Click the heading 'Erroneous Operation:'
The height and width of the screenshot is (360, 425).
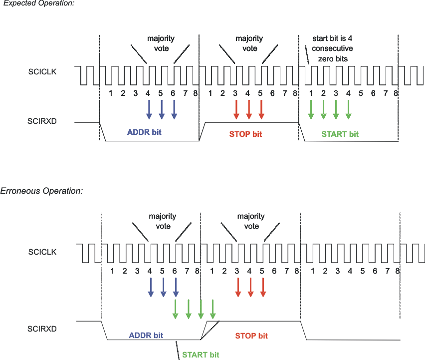(x=41, y=191)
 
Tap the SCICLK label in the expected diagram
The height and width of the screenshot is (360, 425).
(x=42, y=72)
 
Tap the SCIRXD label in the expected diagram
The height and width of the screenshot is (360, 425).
(x=42, y=121)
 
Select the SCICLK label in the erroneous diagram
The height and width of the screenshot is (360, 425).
(x=42, y=252)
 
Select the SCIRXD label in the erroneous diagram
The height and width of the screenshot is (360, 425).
(x=42, y=329)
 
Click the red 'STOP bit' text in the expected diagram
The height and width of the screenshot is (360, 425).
(x=245, y=134)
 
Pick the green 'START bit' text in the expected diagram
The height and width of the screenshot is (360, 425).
(x=340, y=134)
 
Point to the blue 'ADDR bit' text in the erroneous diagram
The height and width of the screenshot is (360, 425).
(x=146, y=336)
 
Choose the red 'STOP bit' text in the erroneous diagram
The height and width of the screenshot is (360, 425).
(x=251, y=336)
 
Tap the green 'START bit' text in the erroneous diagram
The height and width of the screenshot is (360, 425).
(x=201, y=355)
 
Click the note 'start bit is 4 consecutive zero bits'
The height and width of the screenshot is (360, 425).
(x=332, y=48)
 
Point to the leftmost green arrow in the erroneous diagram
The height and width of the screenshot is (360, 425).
(x=176, y=309)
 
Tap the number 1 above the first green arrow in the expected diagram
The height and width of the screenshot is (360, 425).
(x=311, y=93)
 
